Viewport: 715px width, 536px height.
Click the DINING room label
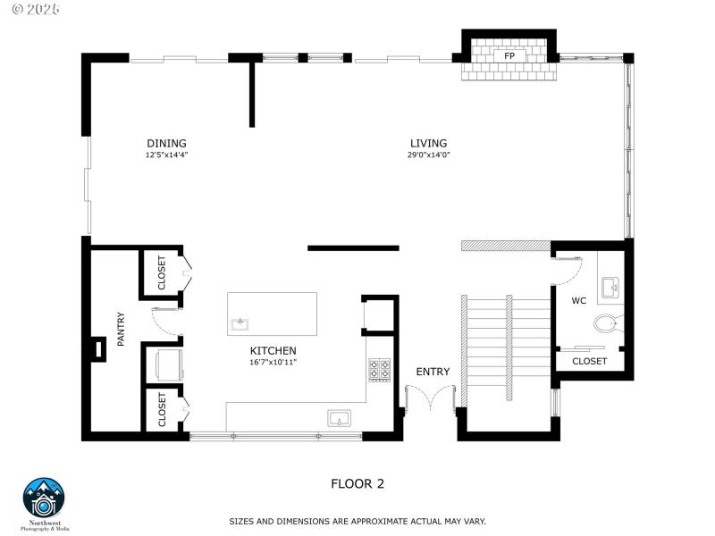[166, 143]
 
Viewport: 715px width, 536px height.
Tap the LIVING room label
[428, 143]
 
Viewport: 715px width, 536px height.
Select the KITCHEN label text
[273, 351]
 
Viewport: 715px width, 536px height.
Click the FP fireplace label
[509, 56]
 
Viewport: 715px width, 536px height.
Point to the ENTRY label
[433, 372]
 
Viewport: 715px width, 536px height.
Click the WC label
[578, 301]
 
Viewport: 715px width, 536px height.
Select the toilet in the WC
[610, 322]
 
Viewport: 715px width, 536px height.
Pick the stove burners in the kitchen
[379, 368]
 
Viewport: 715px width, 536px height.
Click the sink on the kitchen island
[240, 323]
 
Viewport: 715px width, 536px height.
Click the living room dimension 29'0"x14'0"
[428, 155]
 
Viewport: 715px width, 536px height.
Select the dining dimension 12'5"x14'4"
[166, 155]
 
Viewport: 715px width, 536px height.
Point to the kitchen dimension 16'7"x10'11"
[273, 363]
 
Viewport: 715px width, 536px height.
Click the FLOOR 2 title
[357, 484]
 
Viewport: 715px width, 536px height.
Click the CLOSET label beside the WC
[589, 362]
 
